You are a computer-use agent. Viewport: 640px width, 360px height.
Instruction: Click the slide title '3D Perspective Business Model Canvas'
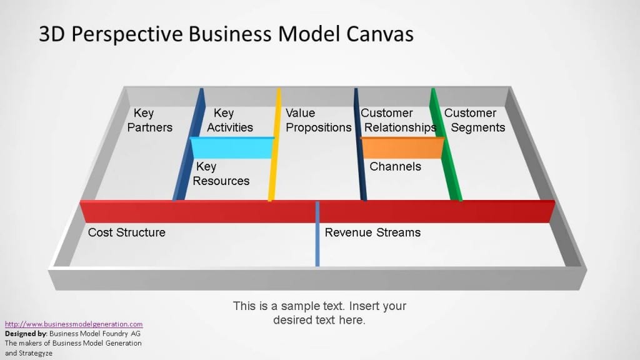226,34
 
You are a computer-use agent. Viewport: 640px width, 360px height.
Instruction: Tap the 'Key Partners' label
150,121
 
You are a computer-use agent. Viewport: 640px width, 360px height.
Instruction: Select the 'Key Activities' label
230,121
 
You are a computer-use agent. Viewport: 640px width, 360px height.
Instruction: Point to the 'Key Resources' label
221,174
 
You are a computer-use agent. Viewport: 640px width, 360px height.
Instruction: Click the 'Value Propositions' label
318,121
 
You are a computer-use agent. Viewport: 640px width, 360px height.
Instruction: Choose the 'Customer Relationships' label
398,121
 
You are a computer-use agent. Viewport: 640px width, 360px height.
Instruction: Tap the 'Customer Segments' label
475,121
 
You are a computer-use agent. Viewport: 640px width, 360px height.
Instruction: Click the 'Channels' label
395,166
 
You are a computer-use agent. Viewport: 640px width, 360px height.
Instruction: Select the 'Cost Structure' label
126,232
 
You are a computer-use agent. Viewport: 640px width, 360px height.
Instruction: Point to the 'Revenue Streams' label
372,232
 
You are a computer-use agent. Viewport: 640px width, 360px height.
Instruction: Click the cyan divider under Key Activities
232,147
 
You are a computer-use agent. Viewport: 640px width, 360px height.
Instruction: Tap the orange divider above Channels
402,147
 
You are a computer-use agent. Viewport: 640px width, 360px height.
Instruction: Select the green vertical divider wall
446,144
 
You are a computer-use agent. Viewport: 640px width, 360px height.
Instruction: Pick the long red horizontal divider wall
317,211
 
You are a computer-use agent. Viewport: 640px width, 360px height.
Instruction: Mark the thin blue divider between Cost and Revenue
317,234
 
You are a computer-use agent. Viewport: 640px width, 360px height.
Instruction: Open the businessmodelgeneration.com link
74,324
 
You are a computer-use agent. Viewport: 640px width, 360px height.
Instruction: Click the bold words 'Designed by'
26,334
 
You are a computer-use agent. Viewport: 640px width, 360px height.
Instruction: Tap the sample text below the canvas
319,312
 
